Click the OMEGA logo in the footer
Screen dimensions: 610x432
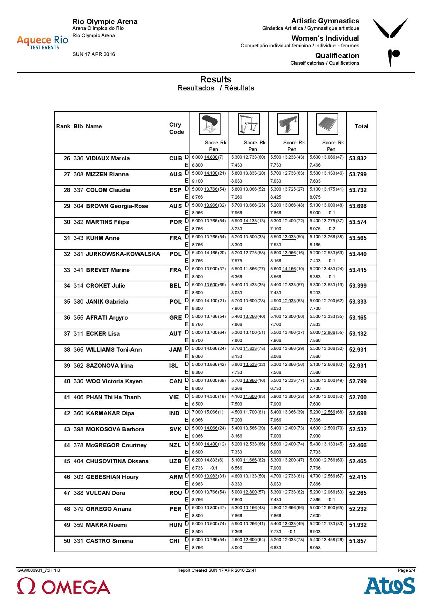63,586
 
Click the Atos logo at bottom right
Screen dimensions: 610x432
389,586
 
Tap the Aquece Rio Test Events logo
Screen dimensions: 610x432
42,42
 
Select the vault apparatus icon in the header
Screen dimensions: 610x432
209,124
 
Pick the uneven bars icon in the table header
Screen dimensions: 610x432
248,124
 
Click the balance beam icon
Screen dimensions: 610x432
288,124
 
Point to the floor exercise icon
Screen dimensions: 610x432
327,124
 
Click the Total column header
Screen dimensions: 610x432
361,127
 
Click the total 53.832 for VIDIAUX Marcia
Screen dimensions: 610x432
358,158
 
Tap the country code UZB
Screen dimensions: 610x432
175,461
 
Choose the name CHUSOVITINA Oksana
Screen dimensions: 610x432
117,461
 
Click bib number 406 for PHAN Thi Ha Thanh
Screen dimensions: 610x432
78,397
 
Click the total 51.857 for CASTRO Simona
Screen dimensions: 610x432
358,541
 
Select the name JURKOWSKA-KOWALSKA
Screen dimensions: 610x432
123,254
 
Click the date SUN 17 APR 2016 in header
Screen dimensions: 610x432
94,54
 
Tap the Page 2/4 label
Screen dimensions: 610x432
406,570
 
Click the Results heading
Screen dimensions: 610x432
216,79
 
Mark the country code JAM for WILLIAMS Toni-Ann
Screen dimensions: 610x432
175,350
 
